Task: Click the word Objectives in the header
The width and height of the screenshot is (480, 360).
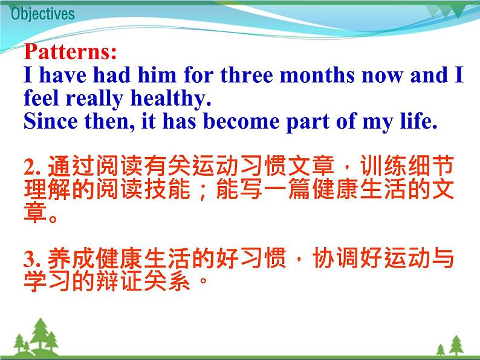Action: [x=43, y=14]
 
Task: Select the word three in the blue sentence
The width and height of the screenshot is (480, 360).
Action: [x=247, y=75]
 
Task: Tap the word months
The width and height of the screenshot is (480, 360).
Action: [x=317, y=75]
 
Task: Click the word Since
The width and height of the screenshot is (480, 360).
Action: [x=51, y=121]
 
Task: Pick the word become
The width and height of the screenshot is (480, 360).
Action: [x=241, y=121]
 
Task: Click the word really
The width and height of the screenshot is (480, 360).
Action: [x=94, y=98]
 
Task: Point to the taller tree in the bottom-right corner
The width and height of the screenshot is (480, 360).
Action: [x=456, y=345]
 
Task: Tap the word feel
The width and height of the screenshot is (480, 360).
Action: [x=41, y=98]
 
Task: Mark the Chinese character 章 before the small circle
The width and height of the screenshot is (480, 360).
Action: [x=35, y=212]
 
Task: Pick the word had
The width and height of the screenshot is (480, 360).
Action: [x=111, y=75]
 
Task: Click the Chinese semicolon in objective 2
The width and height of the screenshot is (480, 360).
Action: [x=202, y=191]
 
